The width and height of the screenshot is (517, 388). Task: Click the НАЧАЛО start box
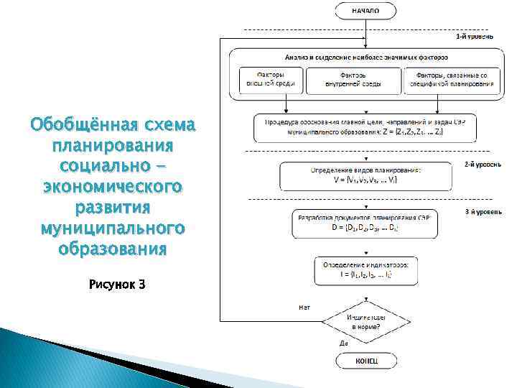click(365, 11)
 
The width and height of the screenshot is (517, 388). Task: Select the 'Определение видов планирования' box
click(365, 175)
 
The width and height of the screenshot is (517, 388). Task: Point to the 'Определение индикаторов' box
click(365, 269)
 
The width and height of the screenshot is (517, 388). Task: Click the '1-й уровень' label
click(474, 35)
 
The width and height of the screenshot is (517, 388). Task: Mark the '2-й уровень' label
click(477, 164)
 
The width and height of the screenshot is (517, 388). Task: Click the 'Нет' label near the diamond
click(304, 308)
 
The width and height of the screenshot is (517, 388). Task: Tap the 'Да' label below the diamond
click(343, 343)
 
